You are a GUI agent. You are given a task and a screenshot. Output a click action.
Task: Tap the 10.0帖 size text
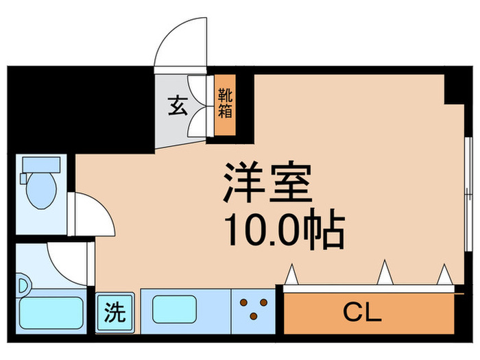(x=281, y=232)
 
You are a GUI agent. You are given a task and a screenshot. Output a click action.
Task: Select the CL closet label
(x=361, y=314)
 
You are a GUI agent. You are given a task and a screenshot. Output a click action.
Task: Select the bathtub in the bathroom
(x=51, y=313)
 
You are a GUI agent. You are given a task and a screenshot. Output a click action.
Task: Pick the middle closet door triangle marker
(x=385, y=274)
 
